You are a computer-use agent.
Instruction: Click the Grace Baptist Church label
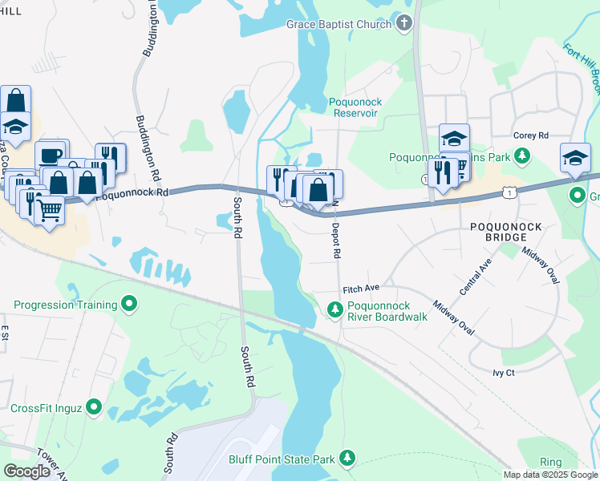click(339, 24)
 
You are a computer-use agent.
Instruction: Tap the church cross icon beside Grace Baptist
click(404, 23)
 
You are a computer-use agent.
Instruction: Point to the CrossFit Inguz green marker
click(95, 407)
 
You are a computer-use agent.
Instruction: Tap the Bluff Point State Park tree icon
click(347, 458)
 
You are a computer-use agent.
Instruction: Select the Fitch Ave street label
click(360, 289)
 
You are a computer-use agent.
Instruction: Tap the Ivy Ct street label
click(504, 374)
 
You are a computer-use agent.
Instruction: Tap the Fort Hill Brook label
click(583, 68)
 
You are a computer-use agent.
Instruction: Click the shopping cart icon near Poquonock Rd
click(50, 210)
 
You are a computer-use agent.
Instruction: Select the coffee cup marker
click(50, 155)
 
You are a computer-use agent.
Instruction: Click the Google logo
click(26, 471)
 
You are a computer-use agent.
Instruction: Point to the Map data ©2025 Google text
click(549, 475)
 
